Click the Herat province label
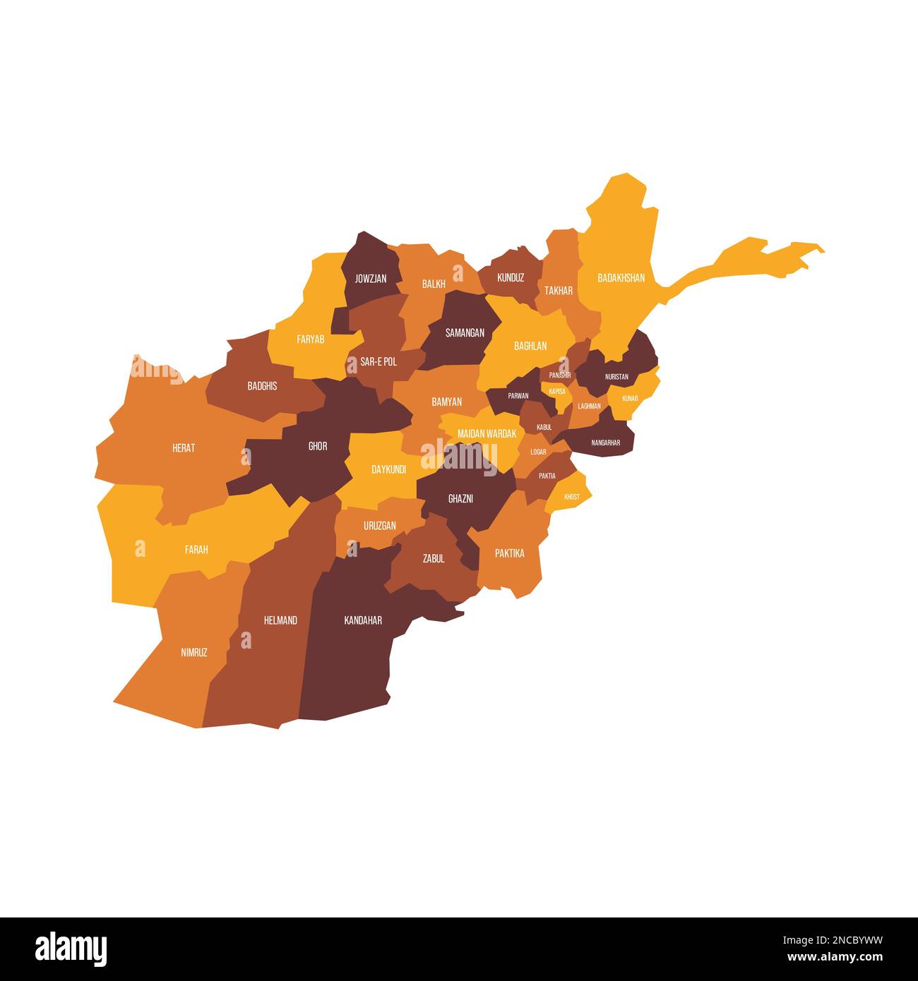click(x=184, y=448)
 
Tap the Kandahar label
click(x=363, y=620)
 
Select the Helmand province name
click(x=280, y=620)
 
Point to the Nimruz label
click(x=194, y=653)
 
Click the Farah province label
click(x=196, y=549)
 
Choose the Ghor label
click(x=318, y=446)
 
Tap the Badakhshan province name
click(x=621, y=278)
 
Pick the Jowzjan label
click(x=371, y=279)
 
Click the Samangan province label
click(x=465, y=332)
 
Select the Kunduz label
click(x=511, y=278)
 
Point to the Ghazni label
click(x=460, y=499)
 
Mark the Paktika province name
click(x=509, y=553)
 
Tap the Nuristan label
click(x=616, y=377)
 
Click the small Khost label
click(x=572, y=497)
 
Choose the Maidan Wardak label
click(x=487, y=434)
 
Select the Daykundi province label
click(x=388, y=469)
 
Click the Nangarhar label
click(x=605, y=443)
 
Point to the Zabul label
click(x=434, y=558)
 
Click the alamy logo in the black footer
click(x=71, y=949)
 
